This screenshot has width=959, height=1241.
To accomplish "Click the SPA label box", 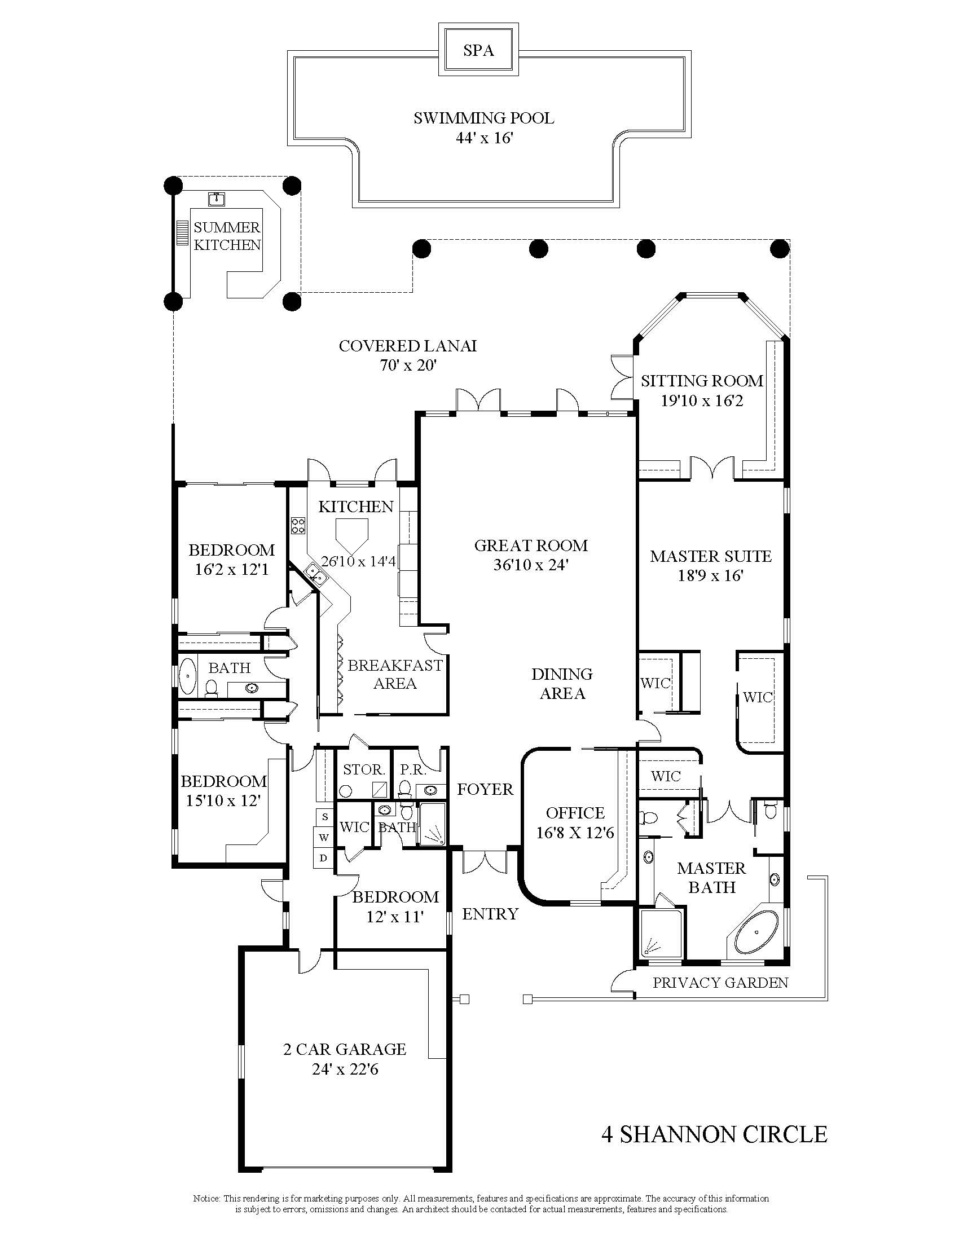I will tap(478, 50).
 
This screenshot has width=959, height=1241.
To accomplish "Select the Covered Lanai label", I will tap(407, 345).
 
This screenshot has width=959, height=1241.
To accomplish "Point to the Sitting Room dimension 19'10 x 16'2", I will tap(702, 401).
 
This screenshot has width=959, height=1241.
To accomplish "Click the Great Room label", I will tap(531, 545).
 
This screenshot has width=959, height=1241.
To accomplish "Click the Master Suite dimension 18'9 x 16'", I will tap(711, 575).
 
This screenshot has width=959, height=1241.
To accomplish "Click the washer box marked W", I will tap(324, 837).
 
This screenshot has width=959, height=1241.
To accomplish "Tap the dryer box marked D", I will tap(324, 858).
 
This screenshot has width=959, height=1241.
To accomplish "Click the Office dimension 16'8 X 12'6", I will tap(575, 833).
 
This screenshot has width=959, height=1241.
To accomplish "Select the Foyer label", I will tap(485, 789).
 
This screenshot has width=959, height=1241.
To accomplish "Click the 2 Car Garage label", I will tap(345, 1049).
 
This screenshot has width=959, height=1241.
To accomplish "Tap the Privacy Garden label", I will tap(720, 982).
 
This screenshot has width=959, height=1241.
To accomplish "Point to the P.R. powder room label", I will tap(413, 769).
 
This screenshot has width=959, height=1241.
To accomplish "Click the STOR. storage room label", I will tap(364, 769).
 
